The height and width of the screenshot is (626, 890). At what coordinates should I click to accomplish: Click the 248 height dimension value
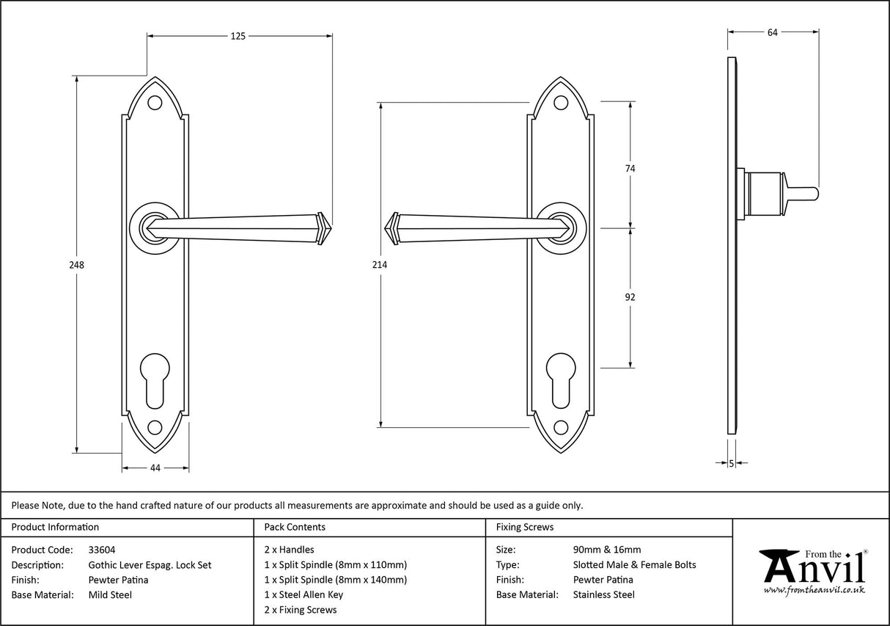(x=77, y=265)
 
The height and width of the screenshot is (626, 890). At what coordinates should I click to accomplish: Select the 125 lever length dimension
(x=238, y=35)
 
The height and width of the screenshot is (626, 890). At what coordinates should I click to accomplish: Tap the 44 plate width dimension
(x=155, y=467)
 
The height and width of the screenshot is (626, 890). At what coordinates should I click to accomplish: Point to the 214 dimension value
(x=380, y=264)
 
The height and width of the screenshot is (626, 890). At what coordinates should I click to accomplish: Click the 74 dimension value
(x=630, y=168)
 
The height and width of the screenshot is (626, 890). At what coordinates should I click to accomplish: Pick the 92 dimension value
(x=630, y=297)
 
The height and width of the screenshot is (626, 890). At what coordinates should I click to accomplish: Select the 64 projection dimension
(x=772, y=32)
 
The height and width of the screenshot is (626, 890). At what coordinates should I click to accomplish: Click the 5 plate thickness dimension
(x=732, y=463)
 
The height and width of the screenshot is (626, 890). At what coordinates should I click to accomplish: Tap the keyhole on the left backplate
(x=155, y=379)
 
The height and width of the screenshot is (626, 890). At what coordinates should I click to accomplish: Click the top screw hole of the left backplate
(x=155, y=103)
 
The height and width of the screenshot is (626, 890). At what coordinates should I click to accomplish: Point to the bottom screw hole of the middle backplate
(x=561, y=426)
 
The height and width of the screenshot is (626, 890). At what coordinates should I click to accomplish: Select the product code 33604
(x=101, y=550)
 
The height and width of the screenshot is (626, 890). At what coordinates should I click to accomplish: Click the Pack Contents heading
(x=295, y=527)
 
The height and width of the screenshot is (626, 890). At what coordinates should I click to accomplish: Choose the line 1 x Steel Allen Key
(x=304, y=594)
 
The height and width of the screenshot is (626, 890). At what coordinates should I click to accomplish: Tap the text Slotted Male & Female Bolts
(x=634, y=565)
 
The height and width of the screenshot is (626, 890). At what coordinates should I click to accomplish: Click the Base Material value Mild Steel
(x=110, y=595)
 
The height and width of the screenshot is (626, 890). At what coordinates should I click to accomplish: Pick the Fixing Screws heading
(x=524, y=527)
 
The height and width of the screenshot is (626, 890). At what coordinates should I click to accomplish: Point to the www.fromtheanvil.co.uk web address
(x=814, y=590)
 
